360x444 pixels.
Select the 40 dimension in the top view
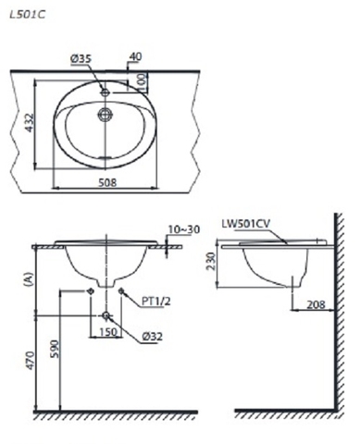pyautogui.click(x=137, y=57)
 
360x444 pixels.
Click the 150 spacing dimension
pyautogui.click(x=106, y=330)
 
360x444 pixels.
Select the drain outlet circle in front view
pyautogui.click(x=106, y=315)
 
